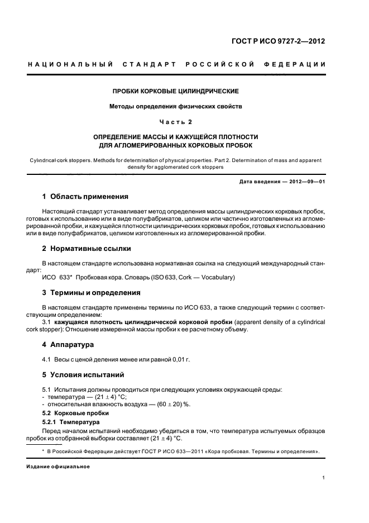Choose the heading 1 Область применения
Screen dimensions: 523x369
click(x=85, y=197)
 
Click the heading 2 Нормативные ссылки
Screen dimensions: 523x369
click(x=87, y=248)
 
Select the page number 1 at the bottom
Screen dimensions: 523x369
click(x=324, y=478)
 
